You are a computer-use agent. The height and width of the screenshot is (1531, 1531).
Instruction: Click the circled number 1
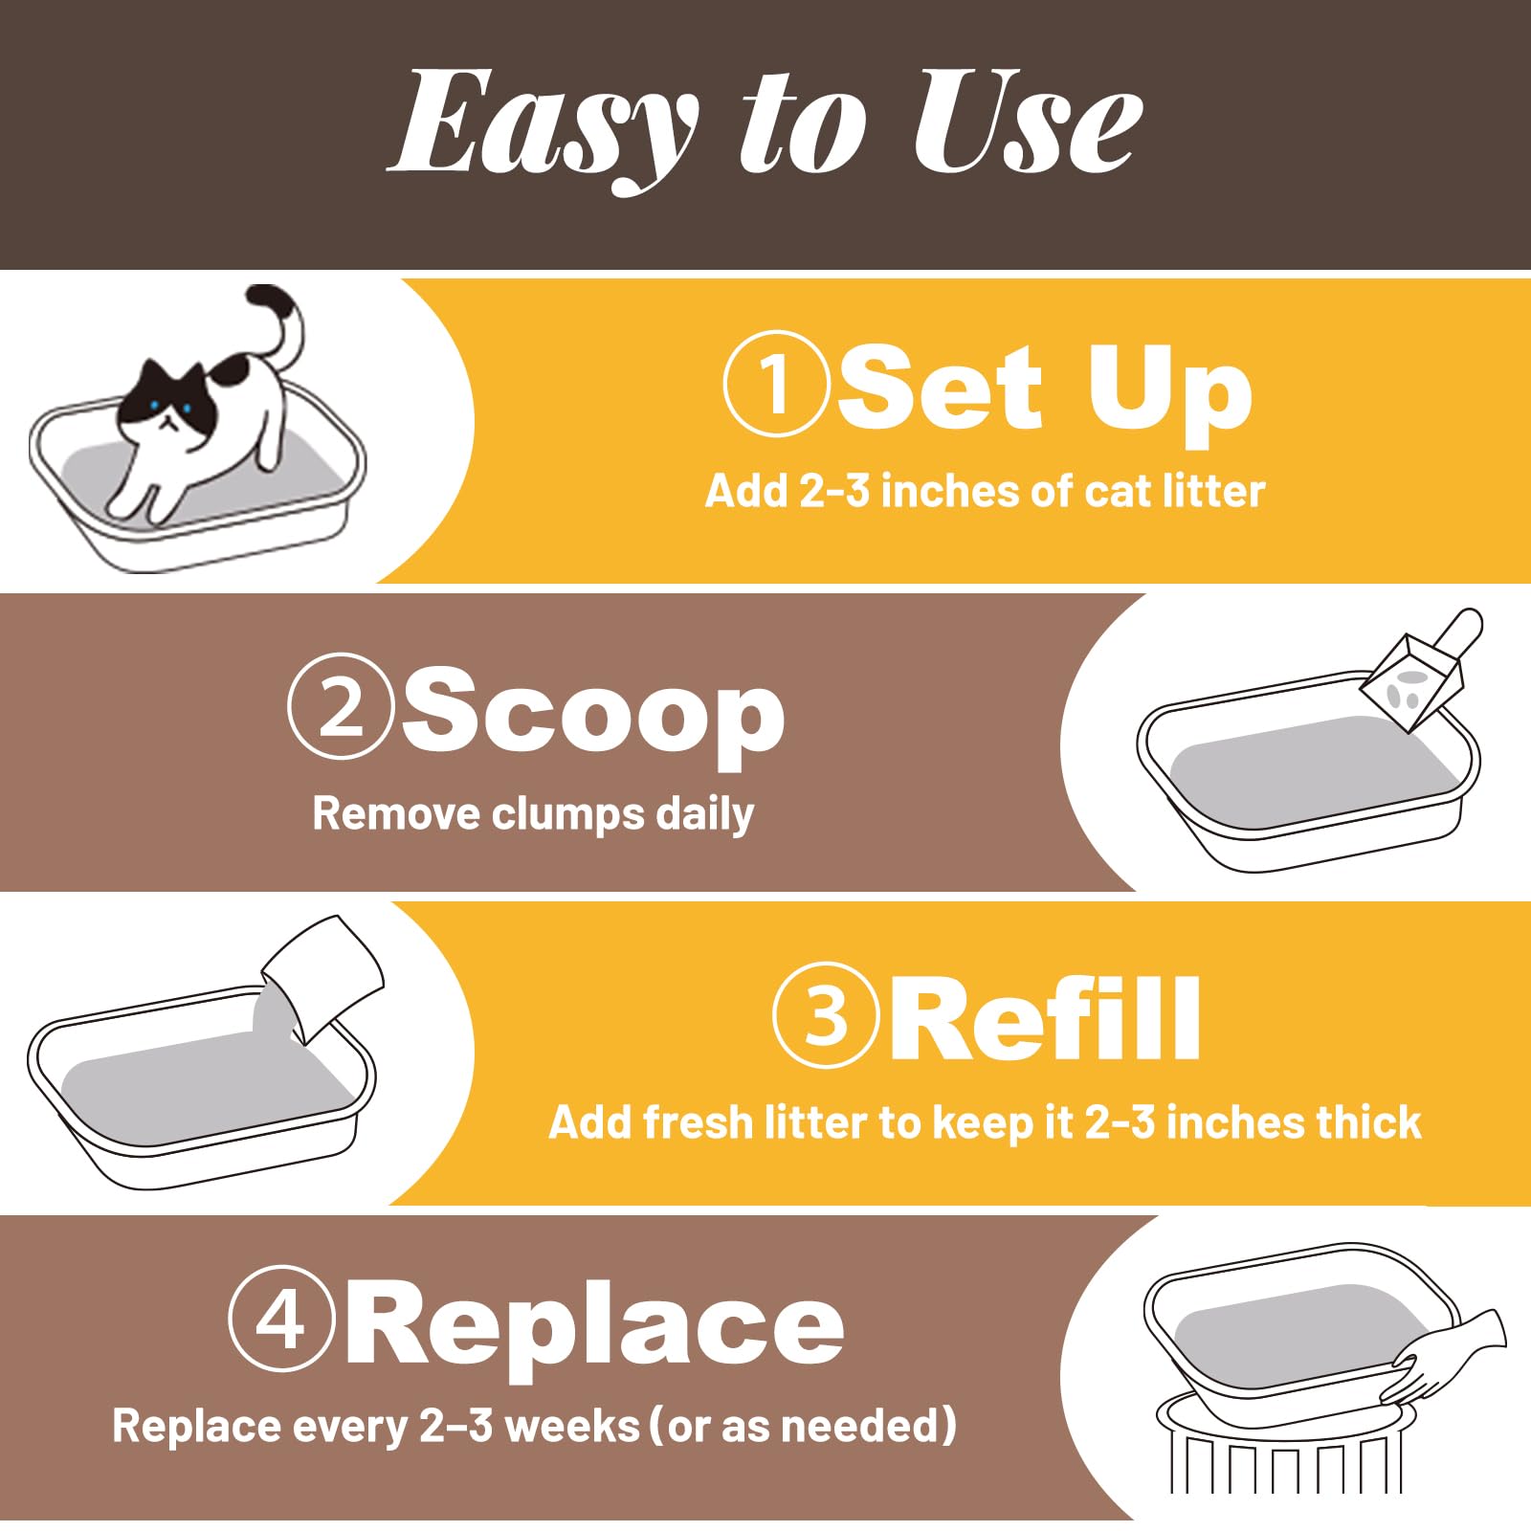coord(775,384)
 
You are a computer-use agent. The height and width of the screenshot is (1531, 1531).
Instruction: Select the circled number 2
coord(341,706)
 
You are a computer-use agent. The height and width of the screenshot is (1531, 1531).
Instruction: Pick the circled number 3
coord(825,1015)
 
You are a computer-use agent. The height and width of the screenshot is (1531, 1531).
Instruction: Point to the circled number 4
coord(281,1320)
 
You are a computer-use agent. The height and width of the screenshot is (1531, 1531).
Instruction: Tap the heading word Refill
coord(1045,1020)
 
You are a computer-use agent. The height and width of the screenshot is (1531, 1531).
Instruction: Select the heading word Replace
coord(593,1325)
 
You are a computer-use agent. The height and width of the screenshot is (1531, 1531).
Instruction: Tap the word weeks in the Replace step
coord(571,1426)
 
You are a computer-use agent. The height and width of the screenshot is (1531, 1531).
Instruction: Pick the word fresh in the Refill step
coord(697,1122)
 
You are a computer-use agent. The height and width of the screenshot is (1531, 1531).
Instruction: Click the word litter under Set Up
coord(1213,491)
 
